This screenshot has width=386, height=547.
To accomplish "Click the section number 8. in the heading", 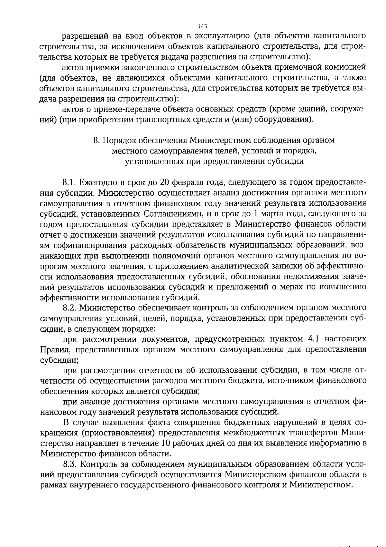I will [96, 141].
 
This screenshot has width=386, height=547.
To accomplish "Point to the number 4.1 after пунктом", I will [314, 339].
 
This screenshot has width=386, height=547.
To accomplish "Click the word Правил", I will [52, 350].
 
